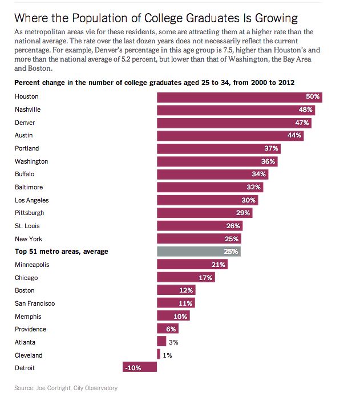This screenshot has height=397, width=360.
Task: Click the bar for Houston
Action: click(240, 97)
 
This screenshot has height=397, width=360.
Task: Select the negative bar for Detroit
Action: click(140, 368)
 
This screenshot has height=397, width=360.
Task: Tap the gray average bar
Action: click(199, 252)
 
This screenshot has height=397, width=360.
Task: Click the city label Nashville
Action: click(27, 110)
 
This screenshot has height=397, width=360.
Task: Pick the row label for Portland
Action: click(26, 148)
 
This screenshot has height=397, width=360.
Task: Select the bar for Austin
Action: click(230, 136)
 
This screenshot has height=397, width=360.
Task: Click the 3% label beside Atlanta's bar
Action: click(173, 342)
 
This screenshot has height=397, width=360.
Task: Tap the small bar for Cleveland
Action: click(159, 355)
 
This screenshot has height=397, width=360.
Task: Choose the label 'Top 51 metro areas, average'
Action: click(62, 252)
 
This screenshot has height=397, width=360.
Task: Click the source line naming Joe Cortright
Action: click(66, 388)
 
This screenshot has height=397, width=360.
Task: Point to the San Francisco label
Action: click(35, 303)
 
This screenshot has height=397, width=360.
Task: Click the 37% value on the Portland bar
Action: click(272, 148)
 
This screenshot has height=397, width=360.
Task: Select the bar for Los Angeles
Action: click(207, 200)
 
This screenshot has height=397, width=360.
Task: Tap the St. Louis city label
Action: click(27, 226)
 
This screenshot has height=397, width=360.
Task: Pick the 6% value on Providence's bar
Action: click(171, 329)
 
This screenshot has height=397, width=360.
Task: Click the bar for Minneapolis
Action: click(192, 265)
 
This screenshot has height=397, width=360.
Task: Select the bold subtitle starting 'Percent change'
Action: click(154, 83)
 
